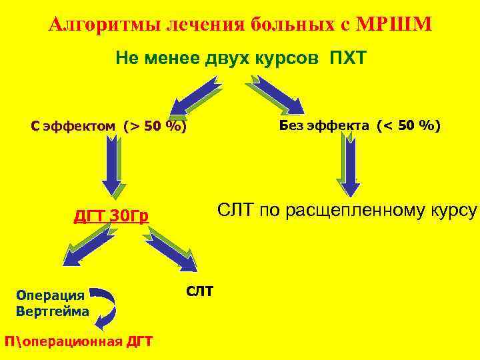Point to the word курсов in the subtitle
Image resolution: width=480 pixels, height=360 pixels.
(x=289, y=58)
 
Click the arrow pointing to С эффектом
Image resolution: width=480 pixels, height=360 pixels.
(x=194, y=96)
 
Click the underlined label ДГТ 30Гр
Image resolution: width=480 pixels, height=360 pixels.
(x=111, y=216)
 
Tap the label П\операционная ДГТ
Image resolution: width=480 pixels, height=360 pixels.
(x=77, y=341)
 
